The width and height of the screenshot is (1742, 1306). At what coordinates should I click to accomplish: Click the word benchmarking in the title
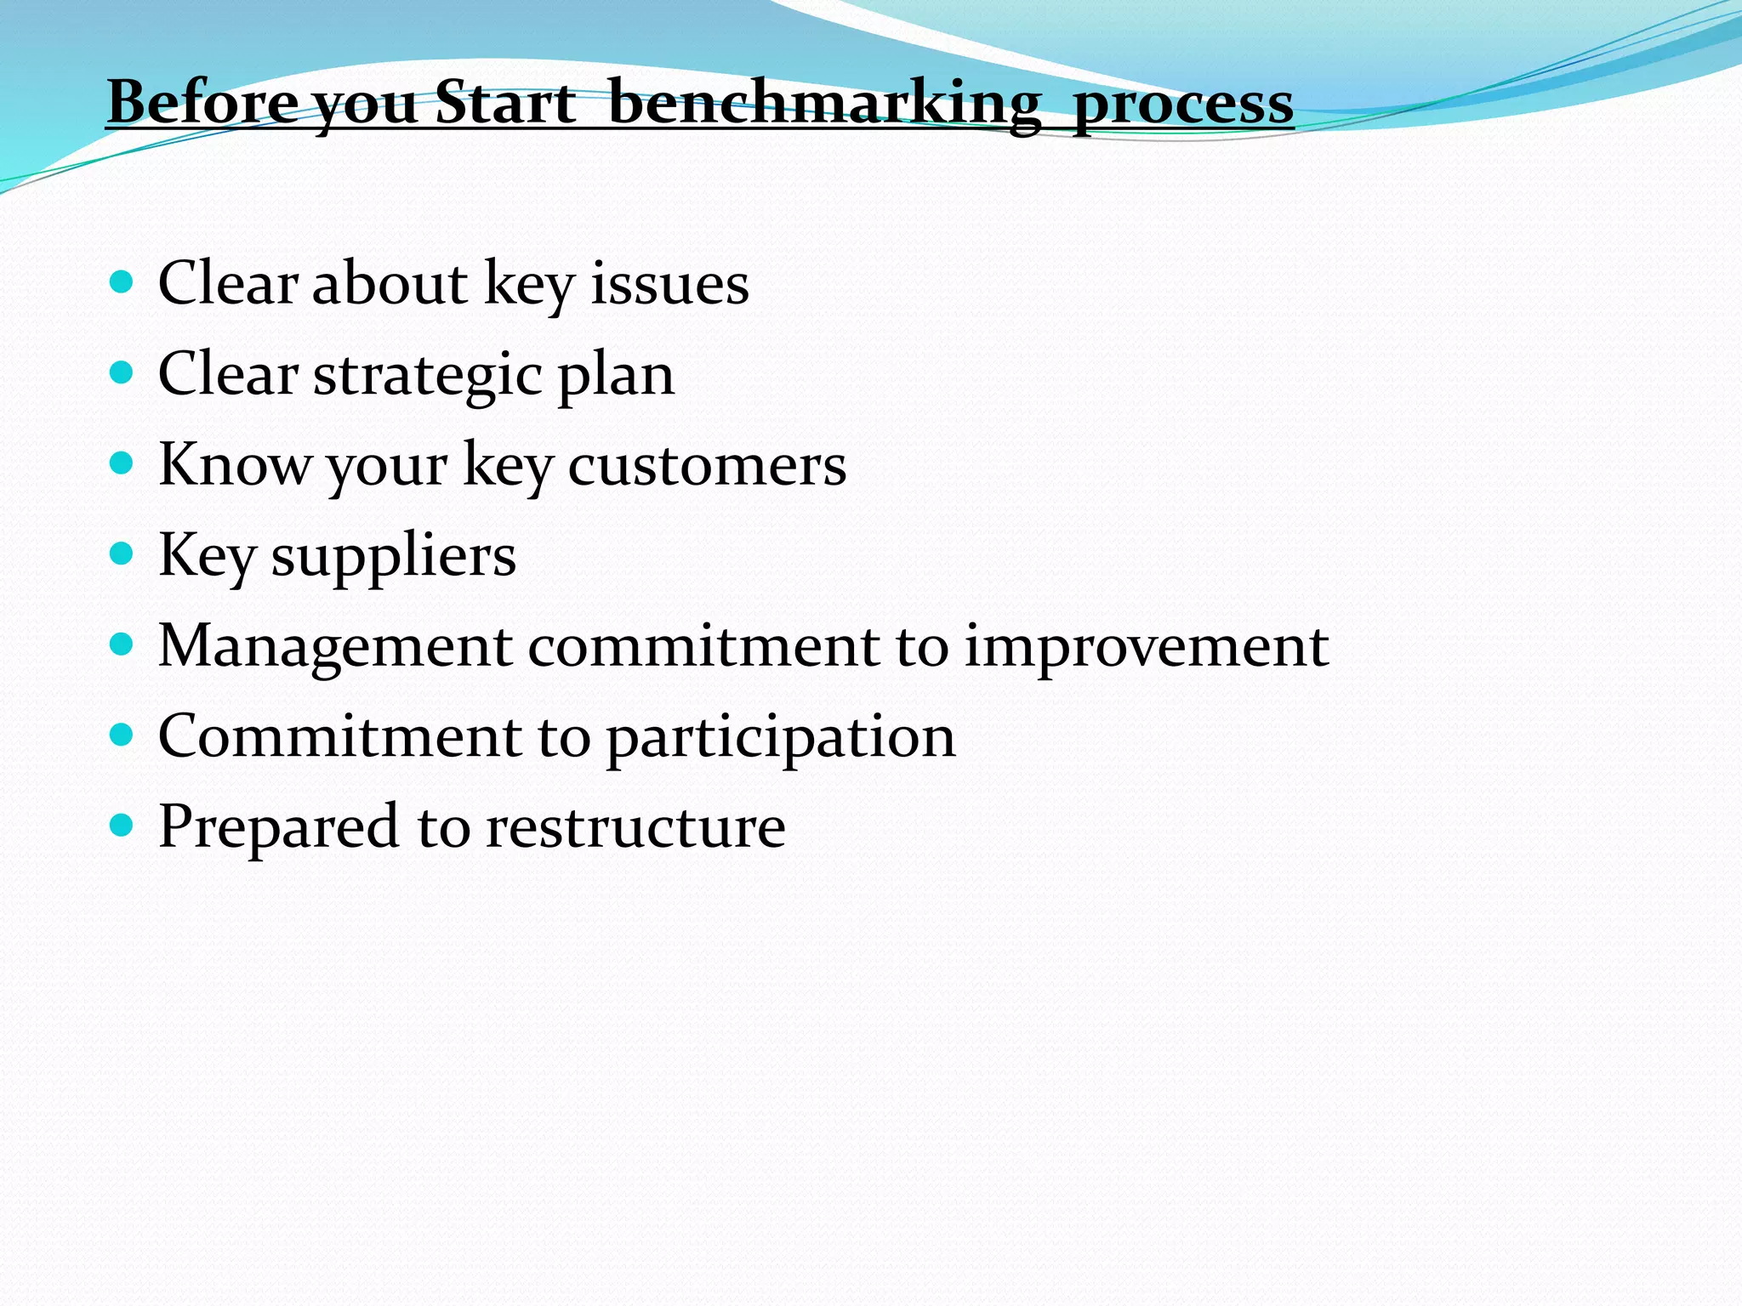(824, 104)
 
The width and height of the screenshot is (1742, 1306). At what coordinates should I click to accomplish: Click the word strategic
(428, 375)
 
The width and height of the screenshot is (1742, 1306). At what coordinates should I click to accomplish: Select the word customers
(707, 466)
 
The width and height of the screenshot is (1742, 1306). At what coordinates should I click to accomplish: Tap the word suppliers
(393, 557)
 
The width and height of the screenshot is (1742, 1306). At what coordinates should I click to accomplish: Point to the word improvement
(1146, 648)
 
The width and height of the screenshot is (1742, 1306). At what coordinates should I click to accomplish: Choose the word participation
(781, 738)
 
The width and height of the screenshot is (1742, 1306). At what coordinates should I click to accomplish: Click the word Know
(236, 465)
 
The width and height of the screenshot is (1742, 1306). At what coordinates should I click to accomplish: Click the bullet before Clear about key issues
(122, 282)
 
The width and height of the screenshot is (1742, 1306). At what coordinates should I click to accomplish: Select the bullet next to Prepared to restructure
(122, 825)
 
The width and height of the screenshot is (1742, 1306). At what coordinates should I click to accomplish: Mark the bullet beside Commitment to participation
(122, 735)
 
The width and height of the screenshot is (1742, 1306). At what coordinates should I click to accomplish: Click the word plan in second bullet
(616, 377)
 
